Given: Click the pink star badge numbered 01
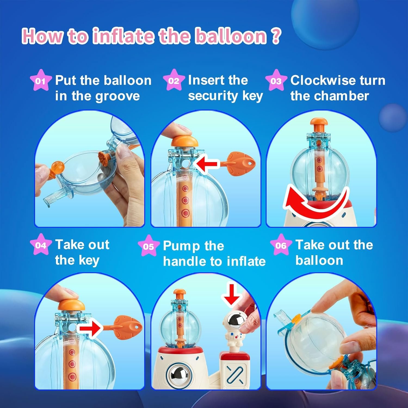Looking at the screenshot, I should click(40, 81).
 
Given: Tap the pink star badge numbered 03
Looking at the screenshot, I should click(276, 81).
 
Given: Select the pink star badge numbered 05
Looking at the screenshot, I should click(148, 246).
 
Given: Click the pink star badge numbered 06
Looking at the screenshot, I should click(281, 245).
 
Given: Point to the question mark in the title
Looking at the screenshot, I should click(276, 36).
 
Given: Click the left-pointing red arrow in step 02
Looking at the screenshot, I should click(207, 164).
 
